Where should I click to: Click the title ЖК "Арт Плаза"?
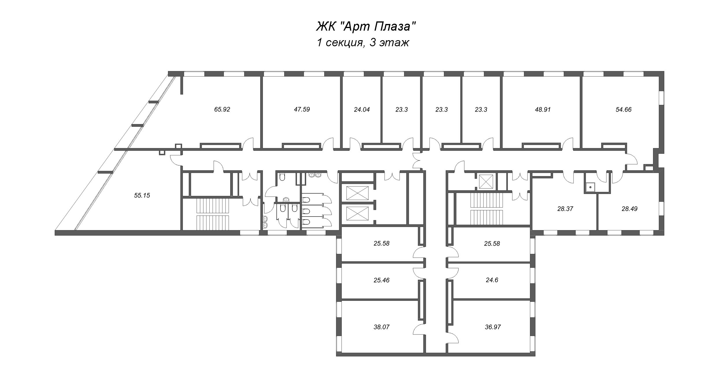coord(366,27)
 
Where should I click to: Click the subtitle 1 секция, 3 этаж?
coord(363,42)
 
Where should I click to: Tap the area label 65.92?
coord(222,109)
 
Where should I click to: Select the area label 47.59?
coord(302,109)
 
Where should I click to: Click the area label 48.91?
coord(543,110)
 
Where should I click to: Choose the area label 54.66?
coord(624,110)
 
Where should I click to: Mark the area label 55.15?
coord(142,195)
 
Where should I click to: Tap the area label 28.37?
coord(565,209)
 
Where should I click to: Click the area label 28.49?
coord(630,209)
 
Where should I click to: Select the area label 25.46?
coord(381,280)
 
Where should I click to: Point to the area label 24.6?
coord(492,280)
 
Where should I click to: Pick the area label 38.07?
coord(381,327)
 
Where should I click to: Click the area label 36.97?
coord(493,327)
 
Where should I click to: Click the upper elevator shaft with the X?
coord(357,193)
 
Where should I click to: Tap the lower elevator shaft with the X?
coord(357,214)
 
